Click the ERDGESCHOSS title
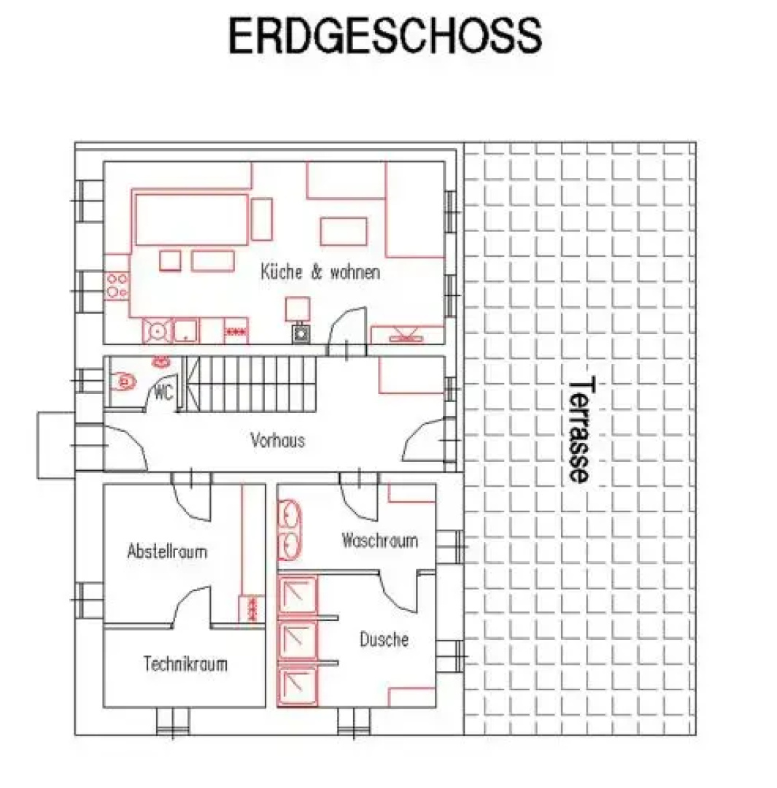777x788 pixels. coord(385,36)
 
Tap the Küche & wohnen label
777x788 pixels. coord(320,272)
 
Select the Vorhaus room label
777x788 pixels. coord(277,440)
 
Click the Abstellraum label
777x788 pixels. coord(167,552)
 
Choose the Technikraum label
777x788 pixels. coord(185,664)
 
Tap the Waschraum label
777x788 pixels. coord(379,540)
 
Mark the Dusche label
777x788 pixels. coord(384,639)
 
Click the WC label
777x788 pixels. coord(164,392)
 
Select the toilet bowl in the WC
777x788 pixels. coord(123,382)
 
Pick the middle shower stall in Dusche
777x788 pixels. coord(298,639)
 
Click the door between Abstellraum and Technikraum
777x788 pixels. coord(191,606)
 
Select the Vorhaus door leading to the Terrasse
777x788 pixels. coord(424,440)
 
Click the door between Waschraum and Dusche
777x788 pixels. coord(400,592)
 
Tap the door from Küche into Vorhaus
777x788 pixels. coord(347,332)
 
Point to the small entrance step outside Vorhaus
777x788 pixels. coord(55,445)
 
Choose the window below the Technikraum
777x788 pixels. coord(172,722)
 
